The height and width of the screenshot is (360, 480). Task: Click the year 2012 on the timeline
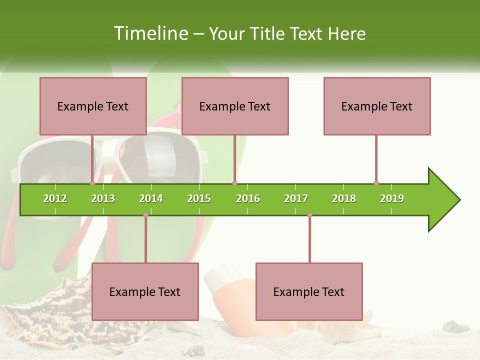tap(55, 198)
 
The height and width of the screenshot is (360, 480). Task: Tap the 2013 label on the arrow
tap(103, 198)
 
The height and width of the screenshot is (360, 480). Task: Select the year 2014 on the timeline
tap(151, 198)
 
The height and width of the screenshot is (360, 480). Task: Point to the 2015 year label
tap(199, 198)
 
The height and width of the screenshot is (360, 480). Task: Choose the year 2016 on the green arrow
tap(248, 198)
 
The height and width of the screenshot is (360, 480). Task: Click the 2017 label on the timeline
tap(296, 198)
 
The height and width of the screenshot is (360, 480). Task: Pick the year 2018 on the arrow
tap(344, 198)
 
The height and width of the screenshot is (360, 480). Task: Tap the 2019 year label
tap(392, 198)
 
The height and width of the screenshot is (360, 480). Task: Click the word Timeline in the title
tap(150, 33)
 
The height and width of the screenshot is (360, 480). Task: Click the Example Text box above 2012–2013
tap(93, 106)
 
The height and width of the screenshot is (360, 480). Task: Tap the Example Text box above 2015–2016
tap(235, 106)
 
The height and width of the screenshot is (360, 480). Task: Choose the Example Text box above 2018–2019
tap(377, 106)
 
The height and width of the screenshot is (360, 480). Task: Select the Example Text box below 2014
tap(145, 291)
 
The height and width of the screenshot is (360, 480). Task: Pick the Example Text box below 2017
tap(309, 291)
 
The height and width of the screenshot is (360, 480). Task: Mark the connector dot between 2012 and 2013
tap(92, 183)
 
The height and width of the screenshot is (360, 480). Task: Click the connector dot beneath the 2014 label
tap(145, 214)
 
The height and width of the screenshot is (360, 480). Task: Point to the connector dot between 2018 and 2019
tap(376, 183)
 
